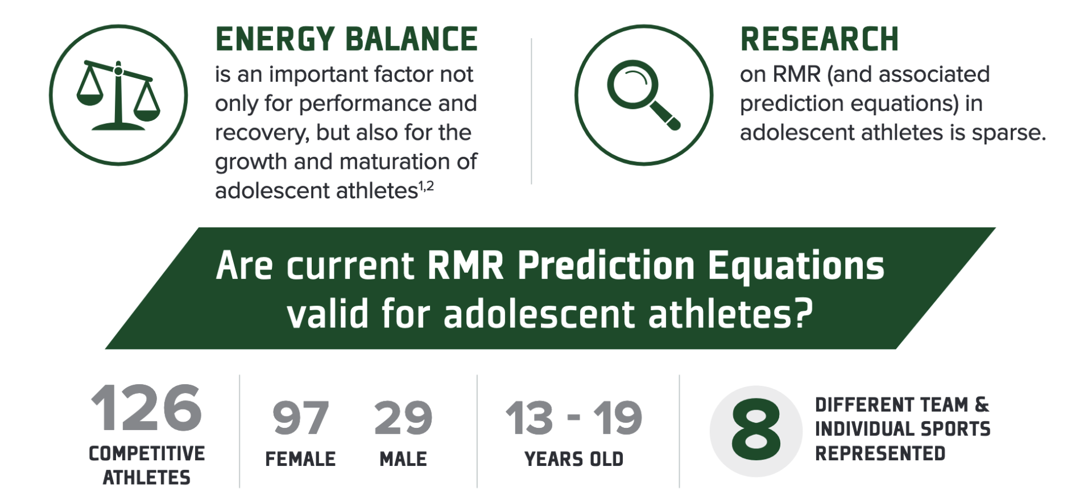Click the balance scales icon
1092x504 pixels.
pyautogui.click(x=118, y=95)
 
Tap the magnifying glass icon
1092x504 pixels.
pyautogui.click(x=643, y=95)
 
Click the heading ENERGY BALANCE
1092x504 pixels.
pyautogui.click(x=346, y=39)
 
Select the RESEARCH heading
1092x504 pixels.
pyautogui.click(x=819, y=39)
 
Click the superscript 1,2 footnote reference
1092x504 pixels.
pyautogui.click(x=427, y=186)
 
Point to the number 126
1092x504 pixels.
pyautogui.click(x=146, y=408)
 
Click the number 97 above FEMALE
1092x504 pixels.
pyautogui.click(x=300, y=418)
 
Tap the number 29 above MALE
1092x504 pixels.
pyautogui.click(x=403, y=418)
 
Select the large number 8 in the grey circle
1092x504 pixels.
pyautogui.click(x=756, y=430)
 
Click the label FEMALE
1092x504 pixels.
pyautogui.click(x=300, y=459)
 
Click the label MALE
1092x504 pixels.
pyautogui.click(x=403, y=459)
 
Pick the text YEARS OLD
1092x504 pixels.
pyautogui.click(x=574, y=459)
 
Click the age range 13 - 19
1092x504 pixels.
pyautogui.click(x=574, y=418)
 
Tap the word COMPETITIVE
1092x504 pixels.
pyautogui.click(x=147, y=453)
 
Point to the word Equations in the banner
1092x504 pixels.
pyautogui.click(x=796, y=266)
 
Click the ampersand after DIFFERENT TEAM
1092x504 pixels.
pyautogui.click(x=982, y=405)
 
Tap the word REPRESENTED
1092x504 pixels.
pyautogui.click(x=880, y=453)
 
